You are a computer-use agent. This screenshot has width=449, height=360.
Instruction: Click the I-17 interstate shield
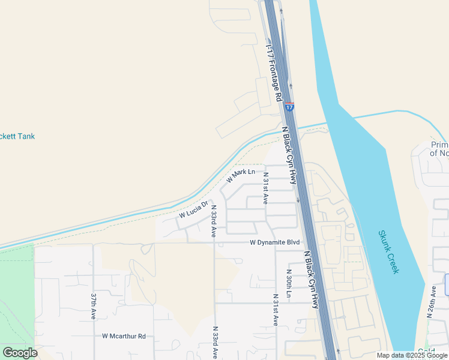(x=290, y=107)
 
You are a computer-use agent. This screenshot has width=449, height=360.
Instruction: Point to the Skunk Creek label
(x=388, y=251)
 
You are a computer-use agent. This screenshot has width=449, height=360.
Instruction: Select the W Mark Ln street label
(x=241, y=176)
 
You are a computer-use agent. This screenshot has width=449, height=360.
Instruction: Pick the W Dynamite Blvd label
(x=274, y=242)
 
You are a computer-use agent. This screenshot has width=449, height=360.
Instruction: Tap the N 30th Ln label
(x=288, y=283)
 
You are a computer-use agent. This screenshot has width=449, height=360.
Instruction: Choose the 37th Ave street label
(x=94, y=306)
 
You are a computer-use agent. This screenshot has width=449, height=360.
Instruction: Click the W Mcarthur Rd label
(x=124, y=336)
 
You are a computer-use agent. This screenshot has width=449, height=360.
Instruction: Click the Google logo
(x=20, y=353)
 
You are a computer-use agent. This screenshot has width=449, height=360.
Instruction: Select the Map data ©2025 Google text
(x=412, y=355)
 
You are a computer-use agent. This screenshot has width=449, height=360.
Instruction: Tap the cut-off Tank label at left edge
(x=17, y=136)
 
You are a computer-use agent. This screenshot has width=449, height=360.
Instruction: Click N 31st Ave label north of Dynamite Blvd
(x=265, y=188)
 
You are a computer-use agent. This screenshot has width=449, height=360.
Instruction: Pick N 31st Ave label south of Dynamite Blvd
(x=276, y=310)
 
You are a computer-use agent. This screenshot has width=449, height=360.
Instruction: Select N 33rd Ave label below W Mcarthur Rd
(x=214, y=343)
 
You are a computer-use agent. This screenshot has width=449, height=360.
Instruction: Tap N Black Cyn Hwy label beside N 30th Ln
(x=312, y=279)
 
